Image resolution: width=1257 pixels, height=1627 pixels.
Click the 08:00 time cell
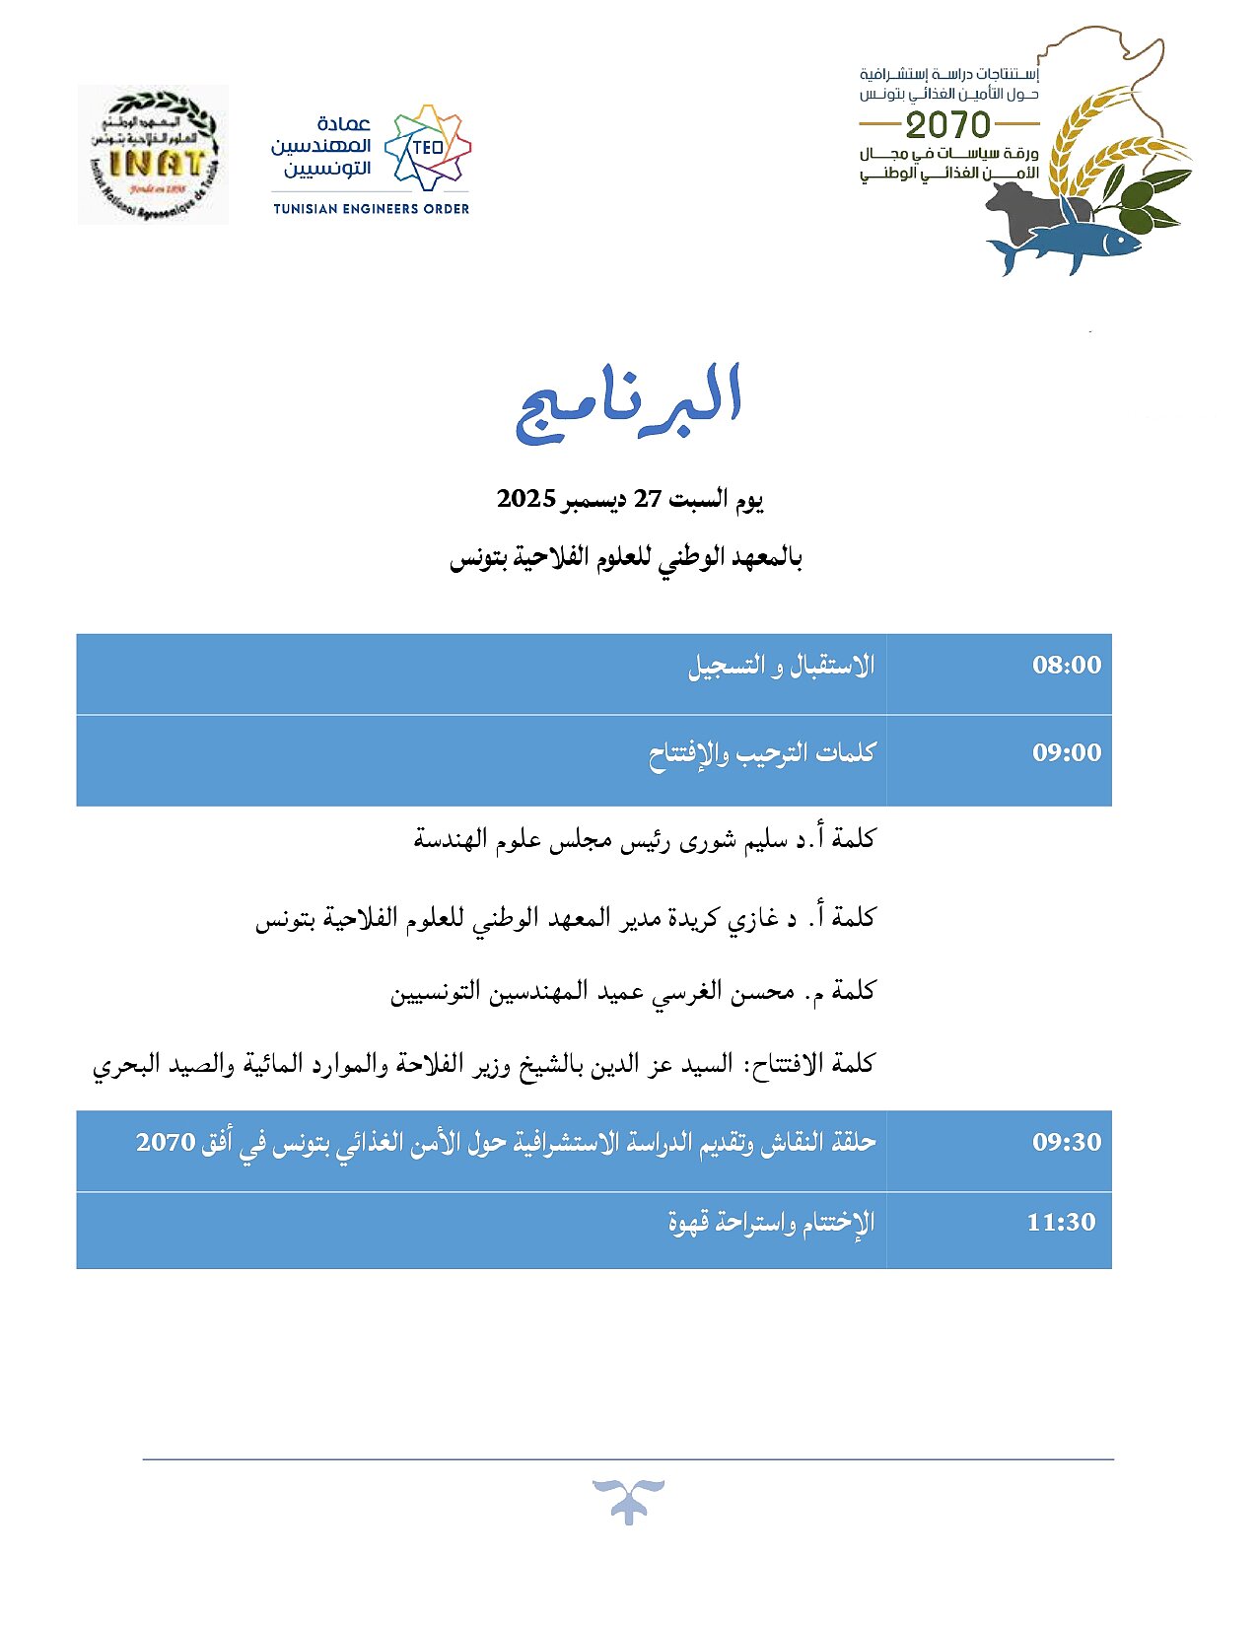pos(1066,666)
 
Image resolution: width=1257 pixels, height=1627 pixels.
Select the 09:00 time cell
pos(1066,753)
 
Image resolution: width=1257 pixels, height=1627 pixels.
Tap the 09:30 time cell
pos(1066,1143)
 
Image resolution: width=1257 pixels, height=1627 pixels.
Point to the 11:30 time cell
pos(1061,1223)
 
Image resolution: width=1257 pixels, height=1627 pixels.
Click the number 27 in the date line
pos(647,499)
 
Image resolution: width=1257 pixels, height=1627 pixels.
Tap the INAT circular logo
pos(154,155)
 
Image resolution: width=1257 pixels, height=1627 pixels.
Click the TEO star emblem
pos(428,148)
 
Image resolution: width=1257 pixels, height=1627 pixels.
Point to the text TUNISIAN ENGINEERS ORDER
pos(371,209)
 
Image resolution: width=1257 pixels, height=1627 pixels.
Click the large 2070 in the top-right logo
pos(947,125)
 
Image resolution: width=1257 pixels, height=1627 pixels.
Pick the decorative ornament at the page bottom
pos(628,1501)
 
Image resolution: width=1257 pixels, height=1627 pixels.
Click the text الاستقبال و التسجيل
pos(781,667)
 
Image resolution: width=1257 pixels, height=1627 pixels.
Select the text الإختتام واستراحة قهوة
pos(771,1224)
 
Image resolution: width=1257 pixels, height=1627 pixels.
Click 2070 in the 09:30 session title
pos(166,1143)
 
